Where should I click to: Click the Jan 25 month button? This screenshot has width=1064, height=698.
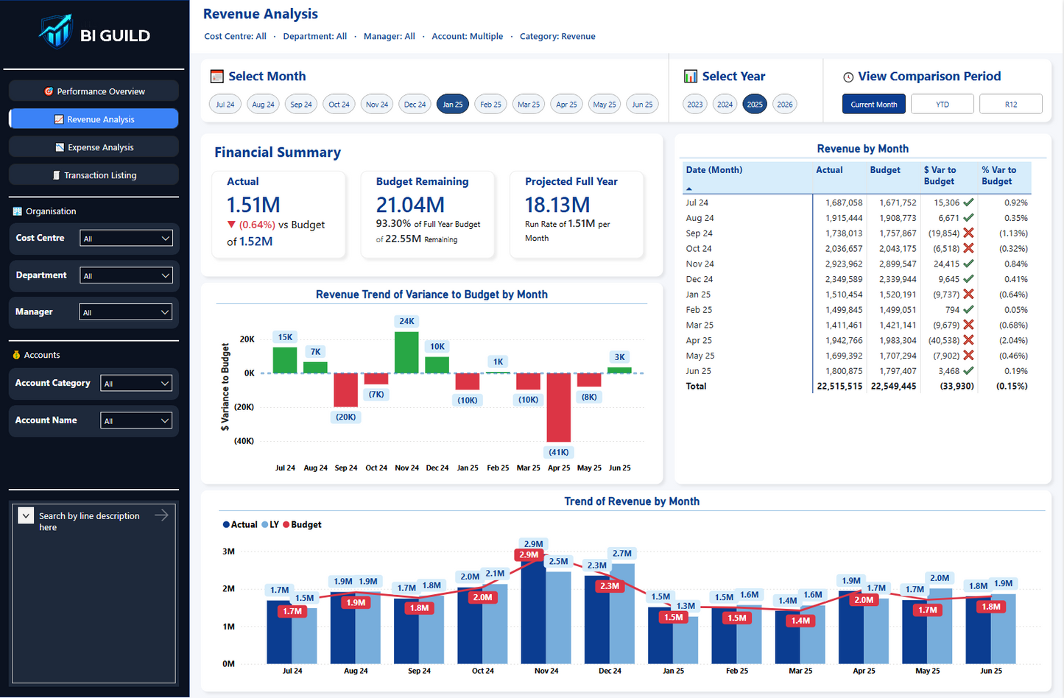click(452, 105)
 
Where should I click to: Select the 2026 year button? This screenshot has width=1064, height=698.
click(785, 105)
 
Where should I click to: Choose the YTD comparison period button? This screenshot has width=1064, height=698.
click(942, 105)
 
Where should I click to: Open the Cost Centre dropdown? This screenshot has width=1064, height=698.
click(126, 239)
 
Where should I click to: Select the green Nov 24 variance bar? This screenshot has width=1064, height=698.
click(406, 353)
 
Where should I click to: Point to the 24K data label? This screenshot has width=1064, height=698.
click(406, 321)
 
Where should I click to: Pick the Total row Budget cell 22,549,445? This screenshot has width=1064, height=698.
click(893, 387)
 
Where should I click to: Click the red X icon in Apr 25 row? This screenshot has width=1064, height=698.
click(968, 340)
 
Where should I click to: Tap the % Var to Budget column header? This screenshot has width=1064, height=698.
click(998, 175)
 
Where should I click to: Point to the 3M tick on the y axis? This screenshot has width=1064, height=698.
click(228, 551)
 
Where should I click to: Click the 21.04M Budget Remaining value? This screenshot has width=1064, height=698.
click(410, 205)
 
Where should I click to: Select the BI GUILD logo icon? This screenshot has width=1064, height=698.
click(56, 32)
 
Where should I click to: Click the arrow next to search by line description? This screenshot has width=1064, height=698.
click(161, 515)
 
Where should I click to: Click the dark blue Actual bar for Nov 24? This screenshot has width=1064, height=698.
click(533, 611)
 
